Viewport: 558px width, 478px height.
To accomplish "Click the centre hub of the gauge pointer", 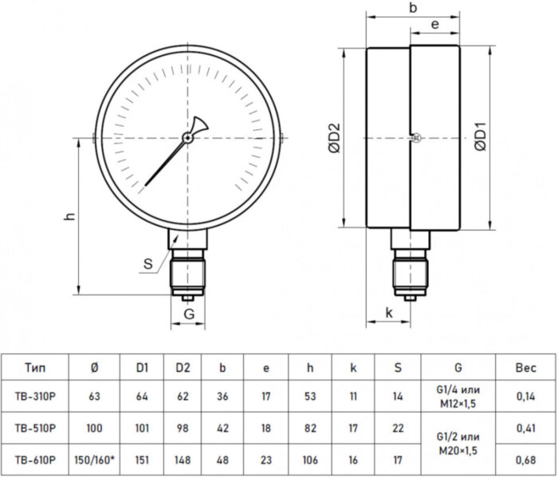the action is pyautogui.click(x=187, y=137).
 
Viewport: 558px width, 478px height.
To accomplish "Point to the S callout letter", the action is pyautogui.click(x=147, y=264).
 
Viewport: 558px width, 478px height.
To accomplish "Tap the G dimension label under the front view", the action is pyautogui.click(x=189, y=314).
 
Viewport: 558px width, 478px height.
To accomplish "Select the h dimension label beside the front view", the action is pyautogui.click(x=70, y=215).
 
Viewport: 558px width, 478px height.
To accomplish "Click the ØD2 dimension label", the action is pyautogui.click(x=335, y=138).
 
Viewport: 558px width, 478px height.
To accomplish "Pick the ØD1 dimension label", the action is pyautogui.click(x=481, y=136).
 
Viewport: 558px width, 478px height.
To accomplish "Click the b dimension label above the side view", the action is pyautogui.click(x=413, y=7).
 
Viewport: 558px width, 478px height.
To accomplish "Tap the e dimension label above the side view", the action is pyautogui.click(x=434, y=24).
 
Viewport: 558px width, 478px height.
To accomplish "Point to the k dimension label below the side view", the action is pyautogui.click(x=389, y=313).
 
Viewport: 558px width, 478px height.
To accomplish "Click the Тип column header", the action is pyautogui.click(x=35, y=367).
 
